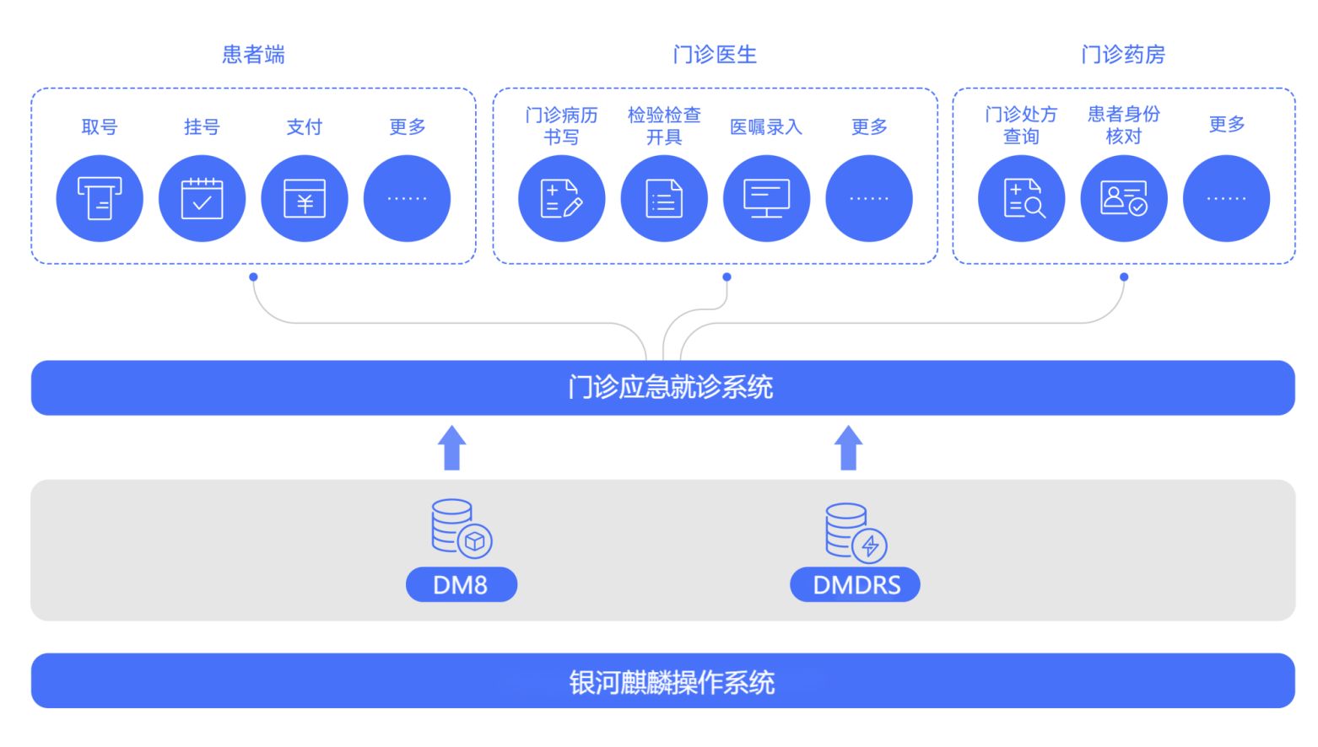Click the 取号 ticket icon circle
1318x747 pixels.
(x=100, y=198)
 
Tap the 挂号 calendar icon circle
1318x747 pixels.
(x=203, y=198)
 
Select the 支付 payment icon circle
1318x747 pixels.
(x=305, y=198)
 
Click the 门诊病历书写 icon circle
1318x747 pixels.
(x=562, y=198)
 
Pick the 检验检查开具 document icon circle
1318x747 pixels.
(x=664, y=198)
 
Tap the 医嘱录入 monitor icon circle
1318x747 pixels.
(x=766, y=198)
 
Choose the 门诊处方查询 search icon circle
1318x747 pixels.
(x=1022, y=198)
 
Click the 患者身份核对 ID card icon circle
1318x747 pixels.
(x=1124, y=198)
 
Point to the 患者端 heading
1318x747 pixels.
(x=253, y=55)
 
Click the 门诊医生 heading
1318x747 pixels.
(x=715, y=55)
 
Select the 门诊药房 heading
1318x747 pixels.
(x=1123, y=55)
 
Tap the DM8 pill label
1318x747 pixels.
(x=461, y=584)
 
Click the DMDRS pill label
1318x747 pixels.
(x=856, y=584)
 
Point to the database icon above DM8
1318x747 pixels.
(x=461, y=529)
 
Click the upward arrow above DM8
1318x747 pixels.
(x=452, y=448)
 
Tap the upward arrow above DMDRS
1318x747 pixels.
(x=848, y=448)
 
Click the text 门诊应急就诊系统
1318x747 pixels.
(x=671, y=388)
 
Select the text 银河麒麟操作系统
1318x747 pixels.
(x=672, y=681)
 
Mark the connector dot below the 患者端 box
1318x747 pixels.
(x=253, y=277)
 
